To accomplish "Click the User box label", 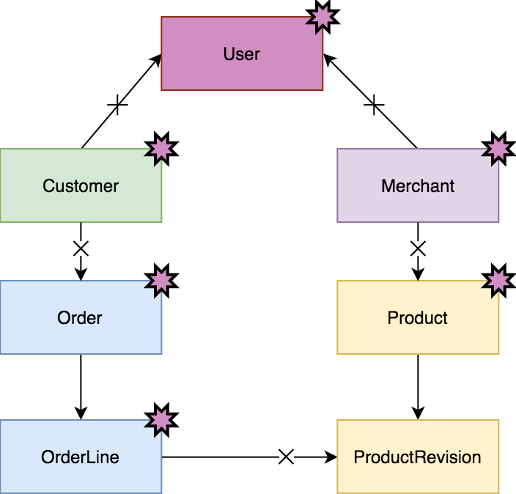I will (242, 54).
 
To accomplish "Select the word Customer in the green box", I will (81, 185).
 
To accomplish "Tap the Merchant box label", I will (418, 185).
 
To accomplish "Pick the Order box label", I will (80, 317).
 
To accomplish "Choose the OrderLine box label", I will (80, 457).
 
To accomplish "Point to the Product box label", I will (418, 318).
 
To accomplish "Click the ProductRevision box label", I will (418, 457).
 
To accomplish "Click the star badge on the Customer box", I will (161, 149).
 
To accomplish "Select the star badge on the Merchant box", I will (498, 149).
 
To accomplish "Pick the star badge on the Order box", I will (161, 280).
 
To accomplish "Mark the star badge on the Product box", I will (498, 280).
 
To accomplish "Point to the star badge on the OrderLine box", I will (161, 419).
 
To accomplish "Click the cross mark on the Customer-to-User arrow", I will (118, 106).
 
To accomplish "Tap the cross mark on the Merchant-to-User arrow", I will (374, 106).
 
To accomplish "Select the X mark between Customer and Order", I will (81, 248).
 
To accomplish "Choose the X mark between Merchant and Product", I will (418, 248).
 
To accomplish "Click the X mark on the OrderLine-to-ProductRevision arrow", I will (287, 457).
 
